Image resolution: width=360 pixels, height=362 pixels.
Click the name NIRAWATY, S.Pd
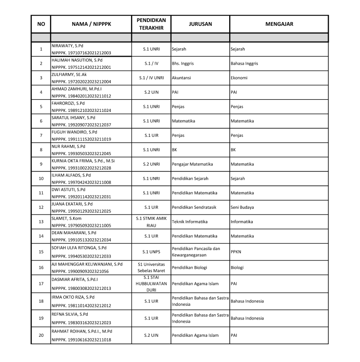[x=67, y=46]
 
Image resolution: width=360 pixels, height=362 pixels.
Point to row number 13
[x=41, y=222]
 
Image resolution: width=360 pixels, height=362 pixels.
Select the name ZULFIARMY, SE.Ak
[x=69, y=74]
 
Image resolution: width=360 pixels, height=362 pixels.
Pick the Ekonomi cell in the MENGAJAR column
[x=239, y=78]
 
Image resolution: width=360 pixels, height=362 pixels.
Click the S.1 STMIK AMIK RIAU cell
[x=151, y=222]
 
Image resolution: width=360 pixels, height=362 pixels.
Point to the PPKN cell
[x=236, y=251]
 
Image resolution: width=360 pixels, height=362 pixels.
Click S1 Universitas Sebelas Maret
[x=151, y=267]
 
